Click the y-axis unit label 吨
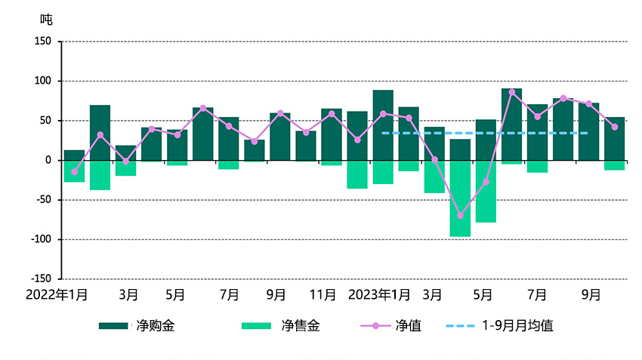tap(47, 19)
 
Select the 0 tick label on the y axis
tap(47, 160)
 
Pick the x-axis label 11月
tap(323, 294)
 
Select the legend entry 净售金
tap(301, 326)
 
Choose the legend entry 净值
tap(409, 326)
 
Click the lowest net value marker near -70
tap(460, 216)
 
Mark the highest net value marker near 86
tap(511, 92)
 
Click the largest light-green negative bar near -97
tap(460, 198)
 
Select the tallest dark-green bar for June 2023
tap(511, 125)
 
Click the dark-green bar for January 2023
tap(383, 125)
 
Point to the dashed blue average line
tap(483, 133)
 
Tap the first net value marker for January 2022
tap(74, 171)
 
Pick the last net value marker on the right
tap(615, 127)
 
